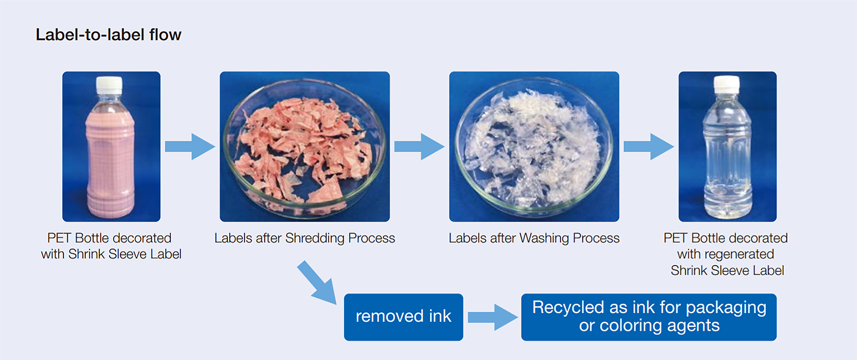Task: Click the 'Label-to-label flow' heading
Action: tap(109, 35)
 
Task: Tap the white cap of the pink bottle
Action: tap(109, 85)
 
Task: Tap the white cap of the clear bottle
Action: tap(727, 84)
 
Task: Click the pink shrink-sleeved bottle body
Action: tap(111, 161)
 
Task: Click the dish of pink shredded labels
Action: tap(305, 147)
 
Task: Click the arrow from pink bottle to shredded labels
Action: tap(190, 146)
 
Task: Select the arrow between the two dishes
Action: tap(419, 146)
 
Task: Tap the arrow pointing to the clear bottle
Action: tap(648, 146)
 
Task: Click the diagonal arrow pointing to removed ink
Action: tap(317, 283)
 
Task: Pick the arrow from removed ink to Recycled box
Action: tap(492, 317)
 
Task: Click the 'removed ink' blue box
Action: tap(403, 317)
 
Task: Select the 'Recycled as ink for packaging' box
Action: tap(649, 317)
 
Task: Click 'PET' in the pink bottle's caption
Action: tap(59, 238)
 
